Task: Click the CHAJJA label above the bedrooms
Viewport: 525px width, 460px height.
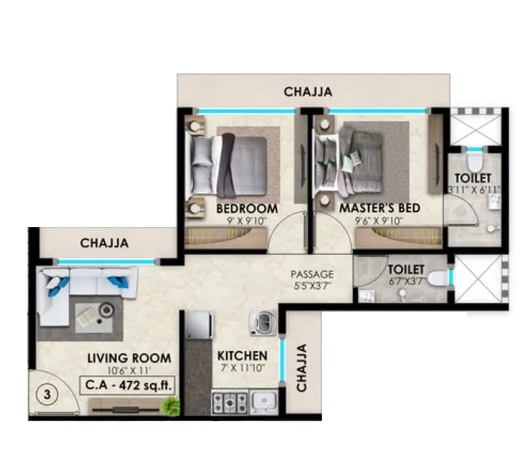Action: pyautogui.click(x=308, y=92)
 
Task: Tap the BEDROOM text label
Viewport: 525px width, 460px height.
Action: pyautogui.click(x=247, y=209)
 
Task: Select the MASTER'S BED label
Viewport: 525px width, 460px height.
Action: pyautogui.click(x=380, y=209)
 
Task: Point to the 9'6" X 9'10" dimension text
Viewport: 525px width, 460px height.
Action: pyautogui.click(x=380, y=221)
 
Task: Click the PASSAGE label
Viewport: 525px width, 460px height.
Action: pyautogui.click(x=311, y=274)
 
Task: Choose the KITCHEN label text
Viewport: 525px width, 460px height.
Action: pyautogui.click(x=242, y=356)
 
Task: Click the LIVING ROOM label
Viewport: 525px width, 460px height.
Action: pyautogui.click(x=129, y=358)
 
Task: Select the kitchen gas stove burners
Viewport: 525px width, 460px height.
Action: pyautogui.click(x=230, y=402)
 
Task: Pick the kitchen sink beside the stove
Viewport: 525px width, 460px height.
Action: pyautogui.click(x=264, y=402)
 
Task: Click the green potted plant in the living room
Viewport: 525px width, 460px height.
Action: pyautogui.click(x=171, y=407)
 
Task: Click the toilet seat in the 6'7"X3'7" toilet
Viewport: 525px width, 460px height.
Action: pyautogui.click(x=438, y=278)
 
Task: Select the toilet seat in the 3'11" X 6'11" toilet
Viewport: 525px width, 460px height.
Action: pyautogui.click(x=475, y=160)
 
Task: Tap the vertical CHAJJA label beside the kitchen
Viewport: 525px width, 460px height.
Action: pyautogui.click(x=302, y=368)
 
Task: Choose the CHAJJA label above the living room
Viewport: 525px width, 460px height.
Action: pyautogui.click(x=104, y=243)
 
